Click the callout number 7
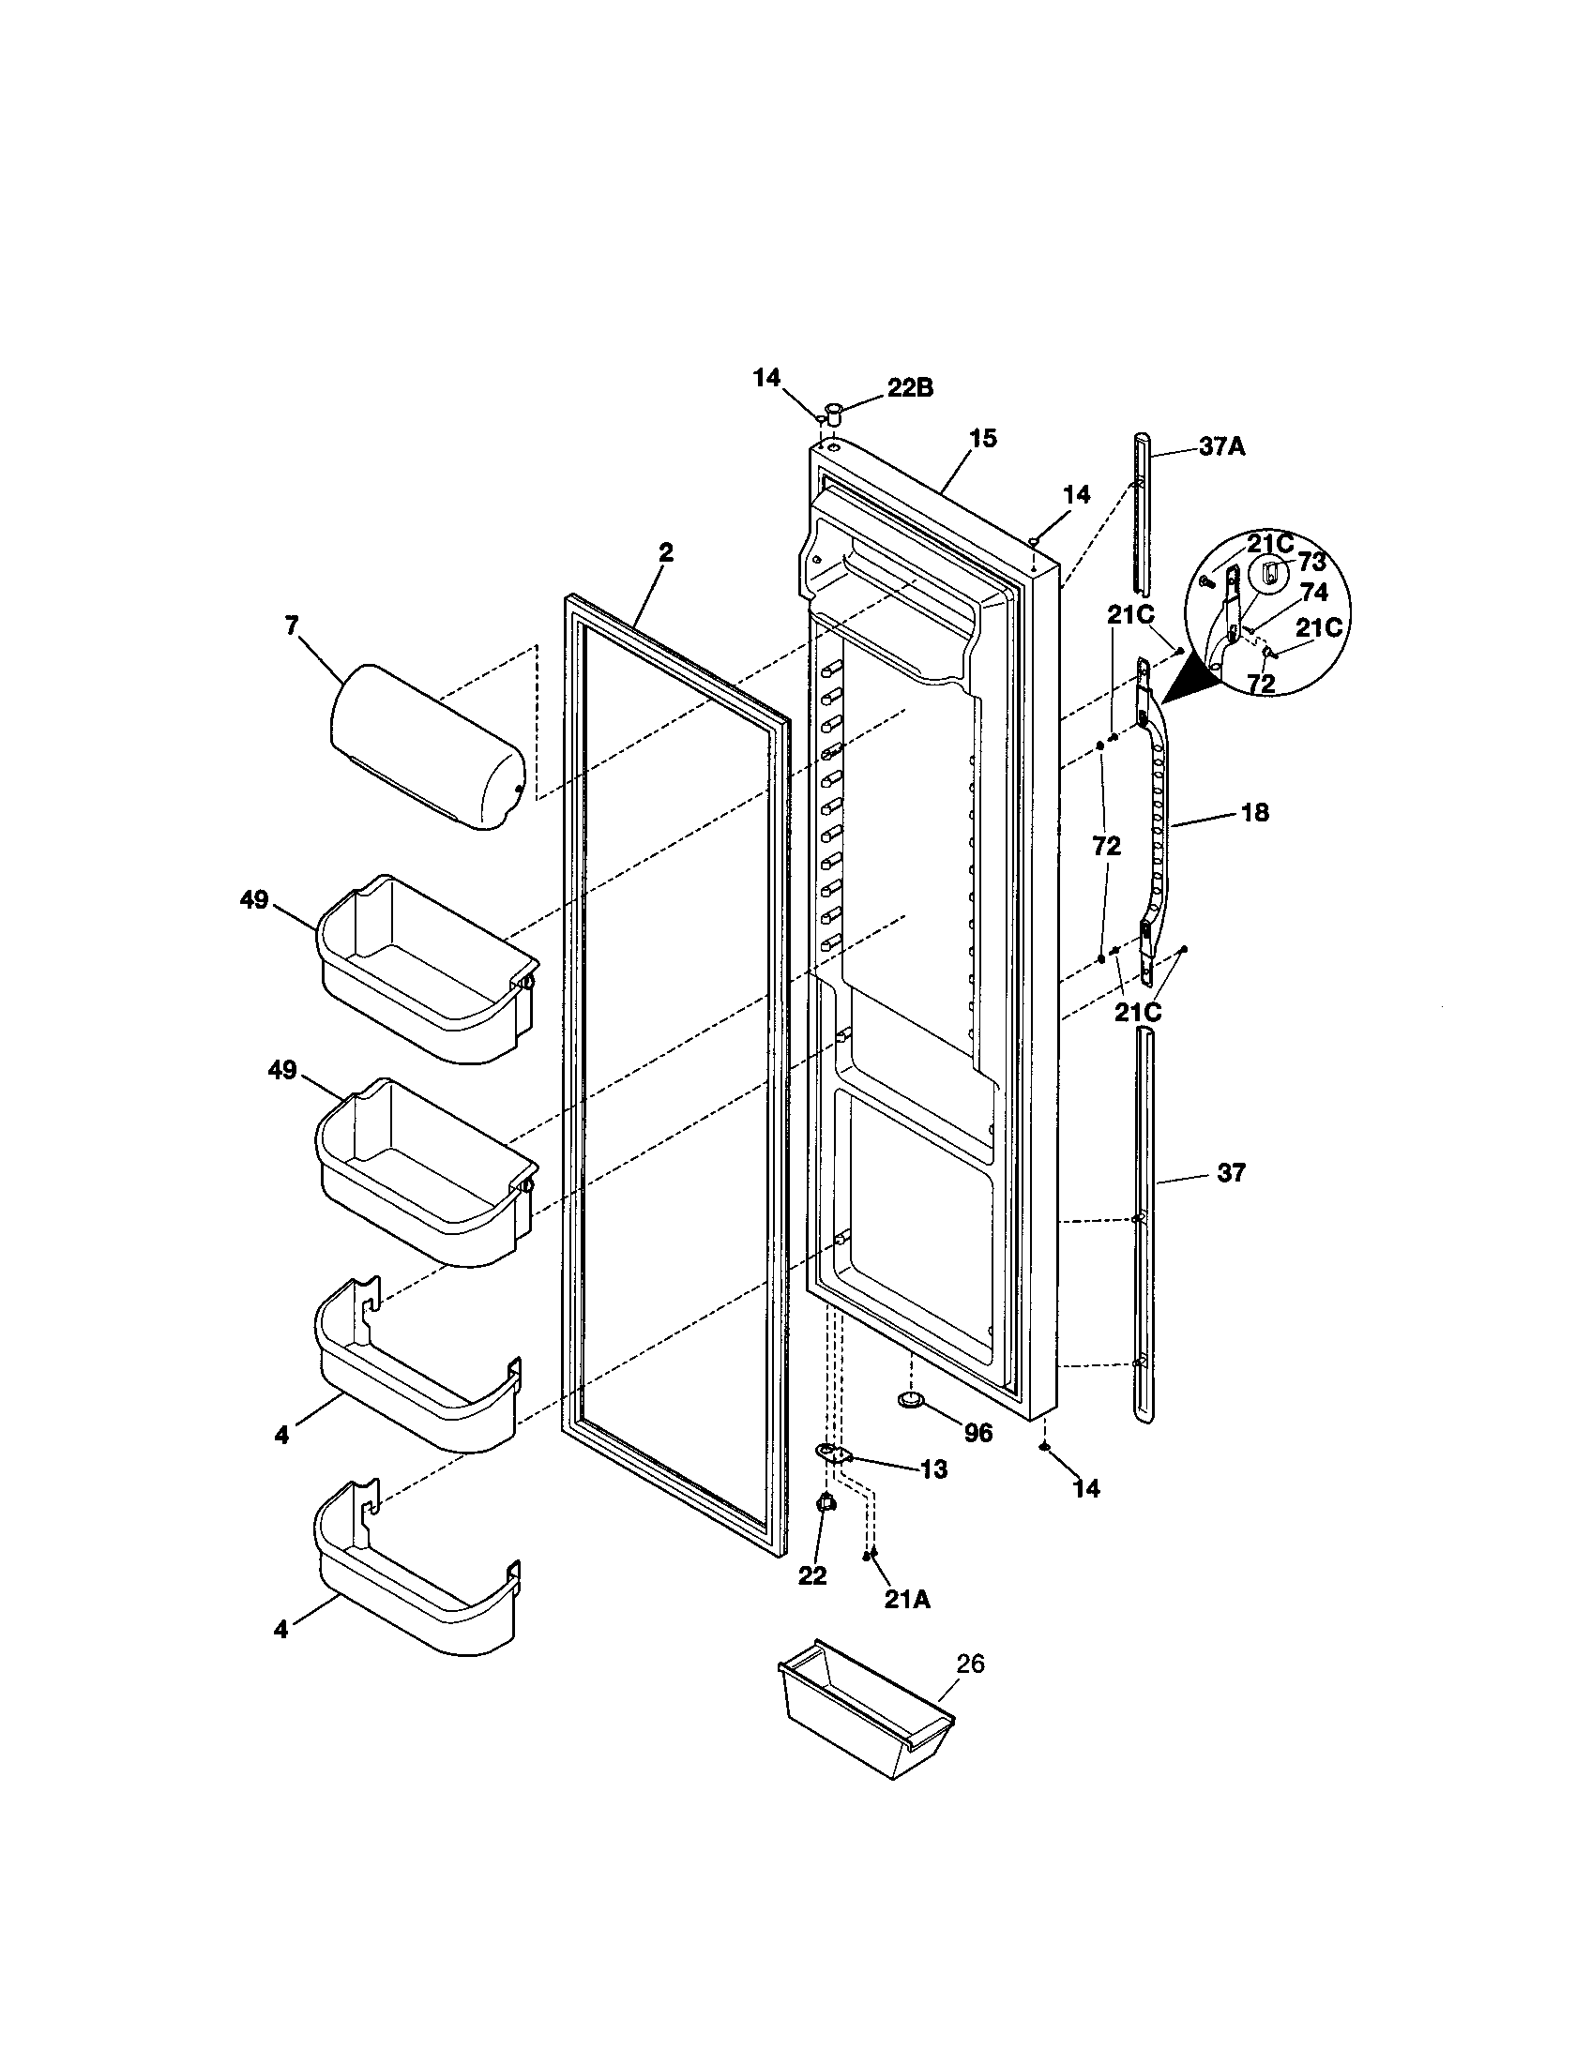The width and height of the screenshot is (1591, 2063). [x=290, y=625]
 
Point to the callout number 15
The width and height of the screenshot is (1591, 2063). [x=982, y=438]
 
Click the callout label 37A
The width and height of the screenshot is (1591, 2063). [x=1221, y=446]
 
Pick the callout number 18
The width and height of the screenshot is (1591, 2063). [x=1253, y=811]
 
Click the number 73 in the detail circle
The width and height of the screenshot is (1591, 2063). [x=1311, y=562]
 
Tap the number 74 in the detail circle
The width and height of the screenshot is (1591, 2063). [x=1314, y=593]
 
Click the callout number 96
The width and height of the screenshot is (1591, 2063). [x=978, y=1433]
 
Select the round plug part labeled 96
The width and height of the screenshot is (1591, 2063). [x=911, y=1400]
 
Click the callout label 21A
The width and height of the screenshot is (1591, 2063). [x=907, y=1599]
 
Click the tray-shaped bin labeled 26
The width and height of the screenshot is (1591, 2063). [x=865, y=1721]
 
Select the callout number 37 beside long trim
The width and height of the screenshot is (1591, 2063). [x=1231, y=1172]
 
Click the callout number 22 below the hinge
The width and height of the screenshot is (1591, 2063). [x=811, y=1574]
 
